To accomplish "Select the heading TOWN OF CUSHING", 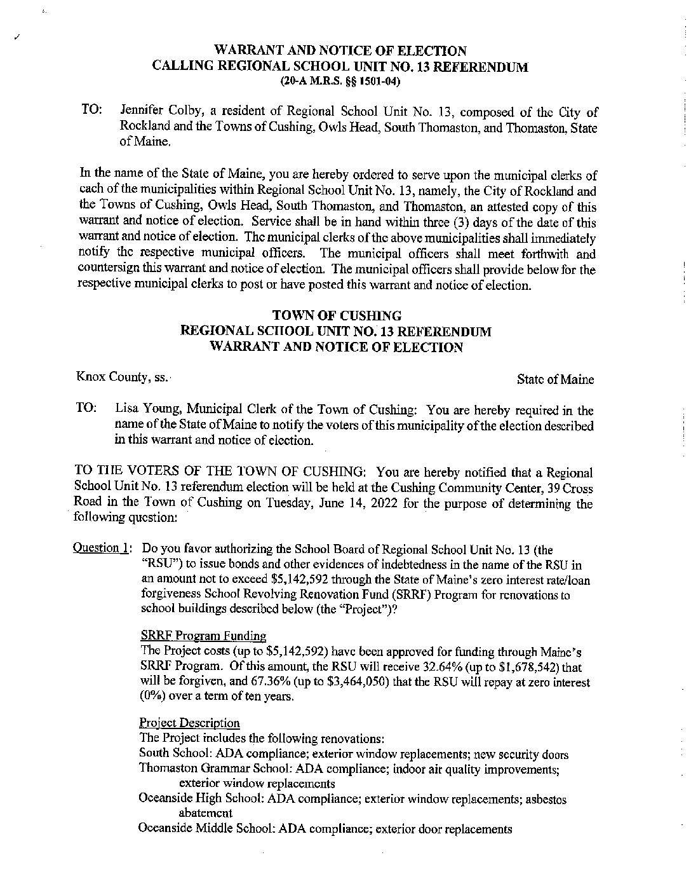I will pos(337,315).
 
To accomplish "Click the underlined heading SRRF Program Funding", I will pos(203,636).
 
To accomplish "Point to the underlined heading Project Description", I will pos(189,723).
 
